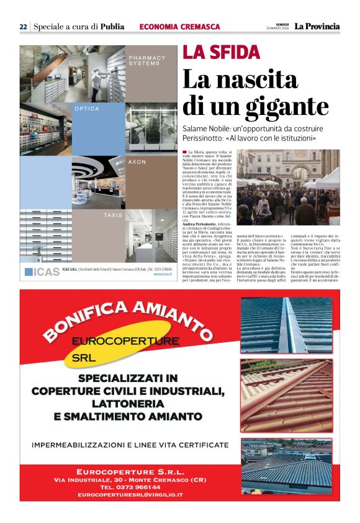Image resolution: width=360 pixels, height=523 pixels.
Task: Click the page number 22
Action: pyautogui.click(x=23, y=27)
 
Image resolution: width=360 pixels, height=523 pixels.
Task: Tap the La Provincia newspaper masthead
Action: pyautogui.click(x=317, y=26)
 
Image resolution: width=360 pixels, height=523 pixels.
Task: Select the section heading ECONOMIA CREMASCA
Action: pyautogui.click(x=179, y=27)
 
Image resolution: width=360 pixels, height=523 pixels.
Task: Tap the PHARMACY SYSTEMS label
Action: pyautogui.click(x=147, y=61)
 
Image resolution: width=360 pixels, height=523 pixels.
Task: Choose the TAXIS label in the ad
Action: pyautogui.click(x=113, y=215)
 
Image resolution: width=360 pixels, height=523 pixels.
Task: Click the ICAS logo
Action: pyautogui.click(x=42, y=271)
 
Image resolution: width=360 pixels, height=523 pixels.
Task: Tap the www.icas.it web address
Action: pyautogui.click(x=163, y=274)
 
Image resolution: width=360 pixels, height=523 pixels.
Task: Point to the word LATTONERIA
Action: pyautogui.click(x=128, y=404)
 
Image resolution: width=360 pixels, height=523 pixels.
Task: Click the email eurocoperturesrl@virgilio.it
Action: pyautogui.click(x=130, y=494)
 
